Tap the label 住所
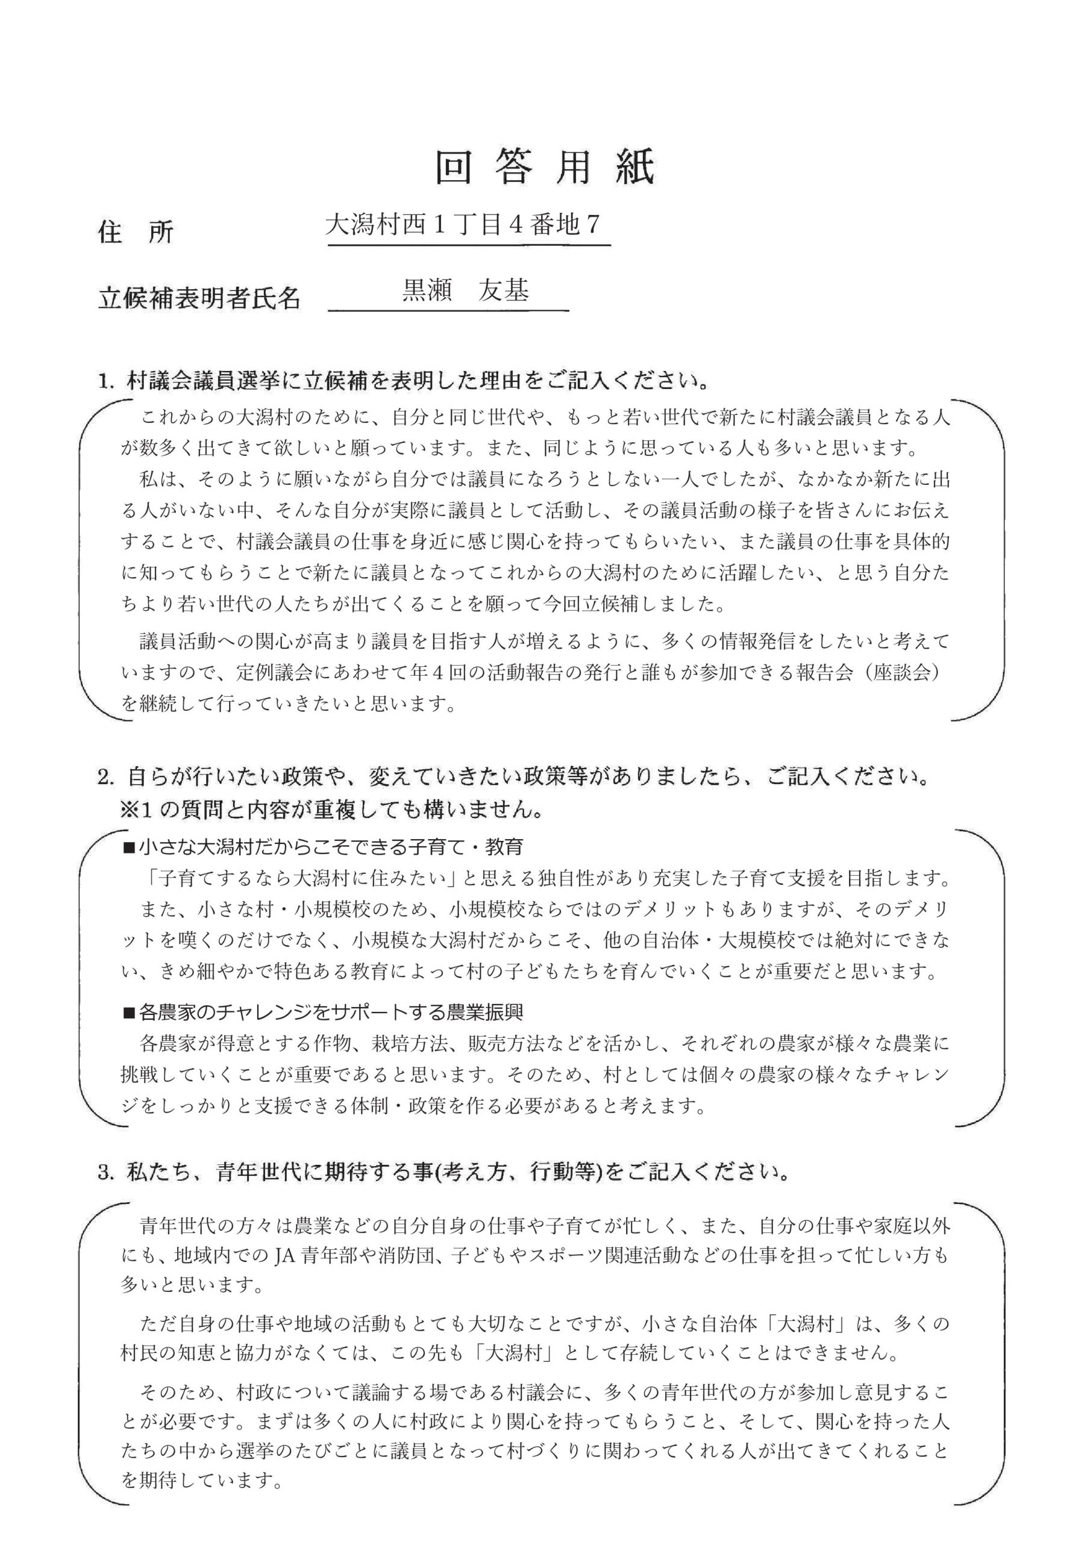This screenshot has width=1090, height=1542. pyautogui.click(x=136, y=233)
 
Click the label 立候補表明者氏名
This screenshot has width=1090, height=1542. pyautogui.click(x=199, y=298)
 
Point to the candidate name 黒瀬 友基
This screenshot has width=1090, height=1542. pyautogui.click(x=465, y=290)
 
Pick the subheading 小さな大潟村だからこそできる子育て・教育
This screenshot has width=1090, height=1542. pyautogui.click(x=331, y=847)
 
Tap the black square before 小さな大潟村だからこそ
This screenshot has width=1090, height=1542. pyautogui.click(x=128, y=848)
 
